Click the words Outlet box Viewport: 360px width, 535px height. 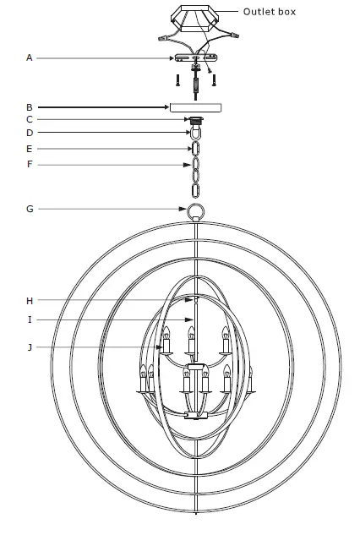(270, 12)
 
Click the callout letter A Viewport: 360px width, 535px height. (29, 57)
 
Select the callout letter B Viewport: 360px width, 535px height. (29, 107)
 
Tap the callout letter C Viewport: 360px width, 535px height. (29, 120)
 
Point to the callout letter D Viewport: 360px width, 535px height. (29, 133)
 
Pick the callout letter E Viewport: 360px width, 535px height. (29, 148)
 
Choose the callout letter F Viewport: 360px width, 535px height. (29, 164)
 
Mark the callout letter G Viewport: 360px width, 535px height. (29, 208)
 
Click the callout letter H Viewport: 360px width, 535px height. (29, 300)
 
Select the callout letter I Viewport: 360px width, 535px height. (29, 319)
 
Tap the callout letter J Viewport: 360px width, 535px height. (29, 347)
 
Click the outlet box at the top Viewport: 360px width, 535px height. (195, 17)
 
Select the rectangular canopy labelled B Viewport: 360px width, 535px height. (196, 107)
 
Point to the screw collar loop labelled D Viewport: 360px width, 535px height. (196, 134)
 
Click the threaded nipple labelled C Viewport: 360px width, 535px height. (196, 120)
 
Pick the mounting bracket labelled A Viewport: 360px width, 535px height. (195, 58)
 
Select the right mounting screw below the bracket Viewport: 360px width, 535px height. (214, 81)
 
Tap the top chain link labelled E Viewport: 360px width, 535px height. (196, 149)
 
